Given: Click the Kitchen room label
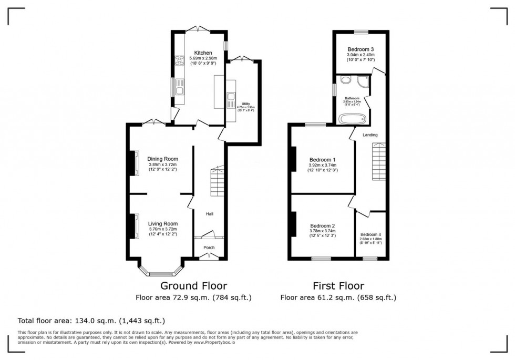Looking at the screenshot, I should click(x=203, y=53).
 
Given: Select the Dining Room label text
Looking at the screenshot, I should click(x=162, y=159).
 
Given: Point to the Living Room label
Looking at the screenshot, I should click(x=162, y=223).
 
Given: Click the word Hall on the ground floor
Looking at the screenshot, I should click(x=209, y=214).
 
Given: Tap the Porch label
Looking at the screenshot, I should click(x=209, y=248).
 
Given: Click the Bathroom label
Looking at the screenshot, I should click(x=352, y=98).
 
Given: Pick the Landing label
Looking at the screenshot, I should click(x=370, y=135).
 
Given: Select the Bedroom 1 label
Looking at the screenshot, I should click(x=322, y=160).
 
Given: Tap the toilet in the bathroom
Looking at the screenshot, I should click(x=345, y=80).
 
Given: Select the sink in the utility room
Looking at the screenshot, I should click(x=230, y=97).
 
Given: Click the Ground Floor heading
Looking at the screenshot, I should click(x=193, y=286).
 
